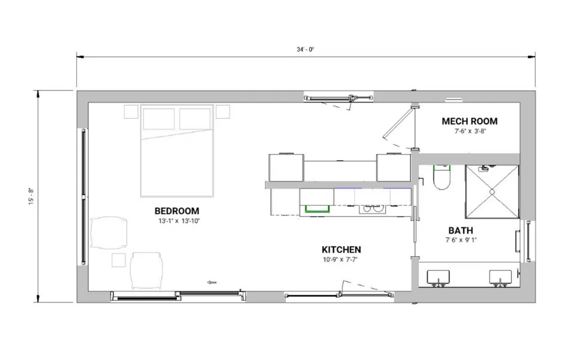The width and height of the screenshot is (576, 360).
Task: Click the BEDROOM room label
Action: coord(176,211)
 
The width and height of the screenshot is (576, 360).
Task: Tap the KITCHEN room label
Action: coord(341,250)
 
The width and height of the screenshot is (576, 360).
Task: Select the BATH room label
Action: coord(461,230)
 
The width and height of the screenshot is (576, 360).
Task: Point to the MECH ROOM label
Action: coord(469,121)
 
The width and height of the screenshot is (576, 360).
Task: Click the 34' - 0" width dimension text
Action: coord(305,50)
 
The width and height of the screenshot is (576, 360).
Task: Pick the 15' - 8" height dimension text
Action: coord(31,196)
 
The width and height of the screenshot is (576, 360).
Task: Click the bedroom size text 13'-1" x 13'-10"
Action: coord(179,221)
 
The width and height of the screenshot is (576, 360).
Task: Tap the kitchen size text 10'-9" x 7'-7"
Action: coord(340,260)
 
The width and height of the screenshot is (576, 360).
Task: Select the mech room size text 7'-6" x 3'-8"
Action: coord(470,131)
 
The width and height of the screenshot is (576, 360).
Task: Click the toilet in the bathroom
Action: coord(442,177)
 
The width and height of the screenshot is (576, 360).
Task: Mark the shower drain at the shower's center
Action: coord(492,192)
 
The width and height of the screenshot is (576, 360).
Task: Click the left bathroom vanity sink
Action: coord(438,277)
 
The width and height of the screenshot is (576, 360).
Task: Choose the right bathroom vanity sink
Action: coord(500,277)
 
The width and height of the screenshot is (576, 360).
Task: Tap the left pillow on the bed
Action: coord(158,119)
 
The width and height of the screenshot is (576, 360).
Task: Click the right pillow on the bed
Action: coord(195,119)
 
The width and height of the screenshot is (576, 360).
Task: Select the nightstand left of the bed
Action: coord(131,112)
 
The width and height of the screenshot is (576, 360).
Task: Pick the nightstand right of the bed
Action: coord(223,112)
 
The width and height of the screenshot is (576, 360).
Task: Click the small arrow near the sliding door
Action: coord(212,282)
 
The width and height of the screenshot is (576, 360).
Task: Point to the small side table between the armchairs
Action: coord(119,260)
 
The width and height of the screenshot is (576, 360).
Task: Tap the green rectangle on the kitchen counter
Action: coord(317,209)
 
